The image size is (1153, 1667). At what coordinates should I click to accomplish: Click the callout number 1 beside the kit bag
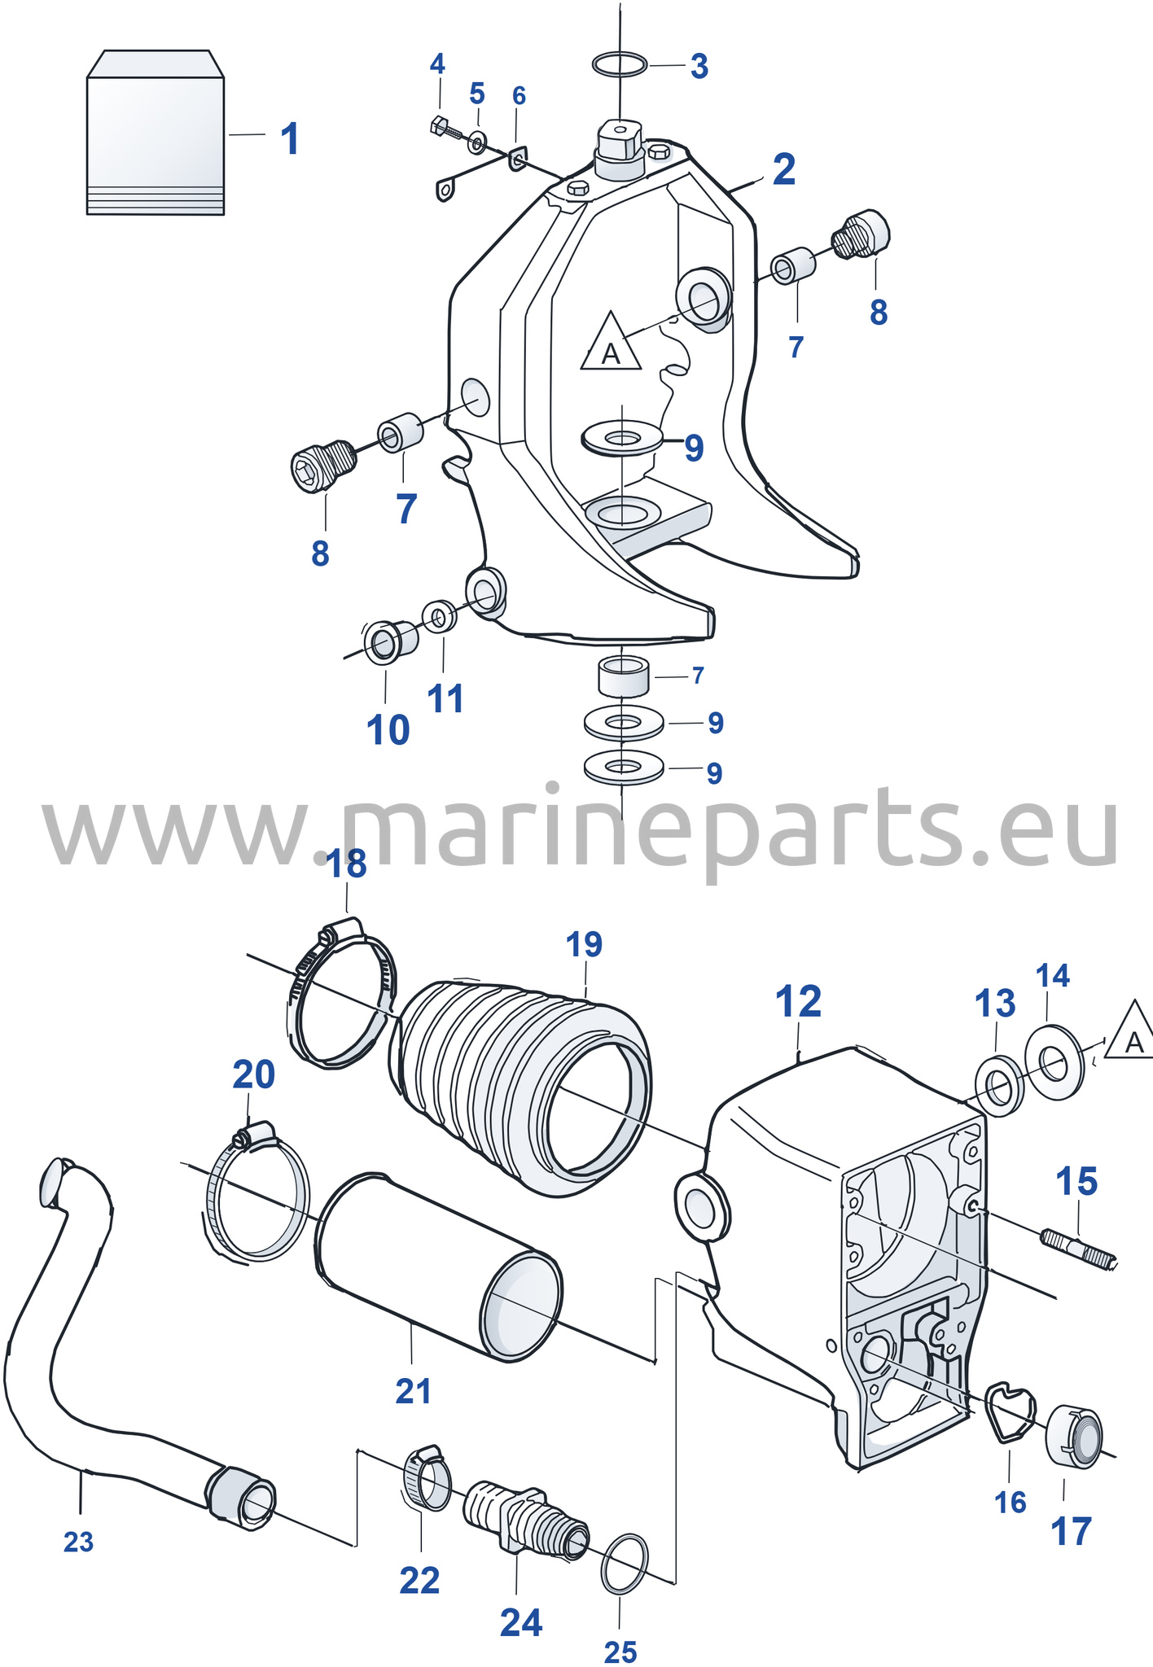pyautogui.click(x=290, y=139)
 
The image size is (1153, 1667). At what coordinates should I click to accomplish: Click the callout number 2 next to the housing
pyautogui.click(x=783, y=169)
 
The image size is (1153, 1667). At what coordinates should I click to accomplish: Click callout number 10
pyautogui.click(x=388, y=729)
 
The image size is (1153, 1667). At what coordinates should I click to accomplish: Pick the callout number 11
pyautogui.click(x=445, y=698)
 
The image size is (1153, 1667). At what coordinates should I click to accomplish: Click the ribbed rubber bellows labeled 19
pyautogui.click(x=521, y=1083)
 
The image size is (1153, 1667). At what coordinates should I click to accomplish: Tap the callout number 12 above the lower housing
pyautogui.click(x=798, y=1001)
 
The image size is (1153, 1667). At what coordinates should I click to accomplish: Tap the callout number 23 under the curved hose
pyautogui.click(x=79, y=1542)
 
